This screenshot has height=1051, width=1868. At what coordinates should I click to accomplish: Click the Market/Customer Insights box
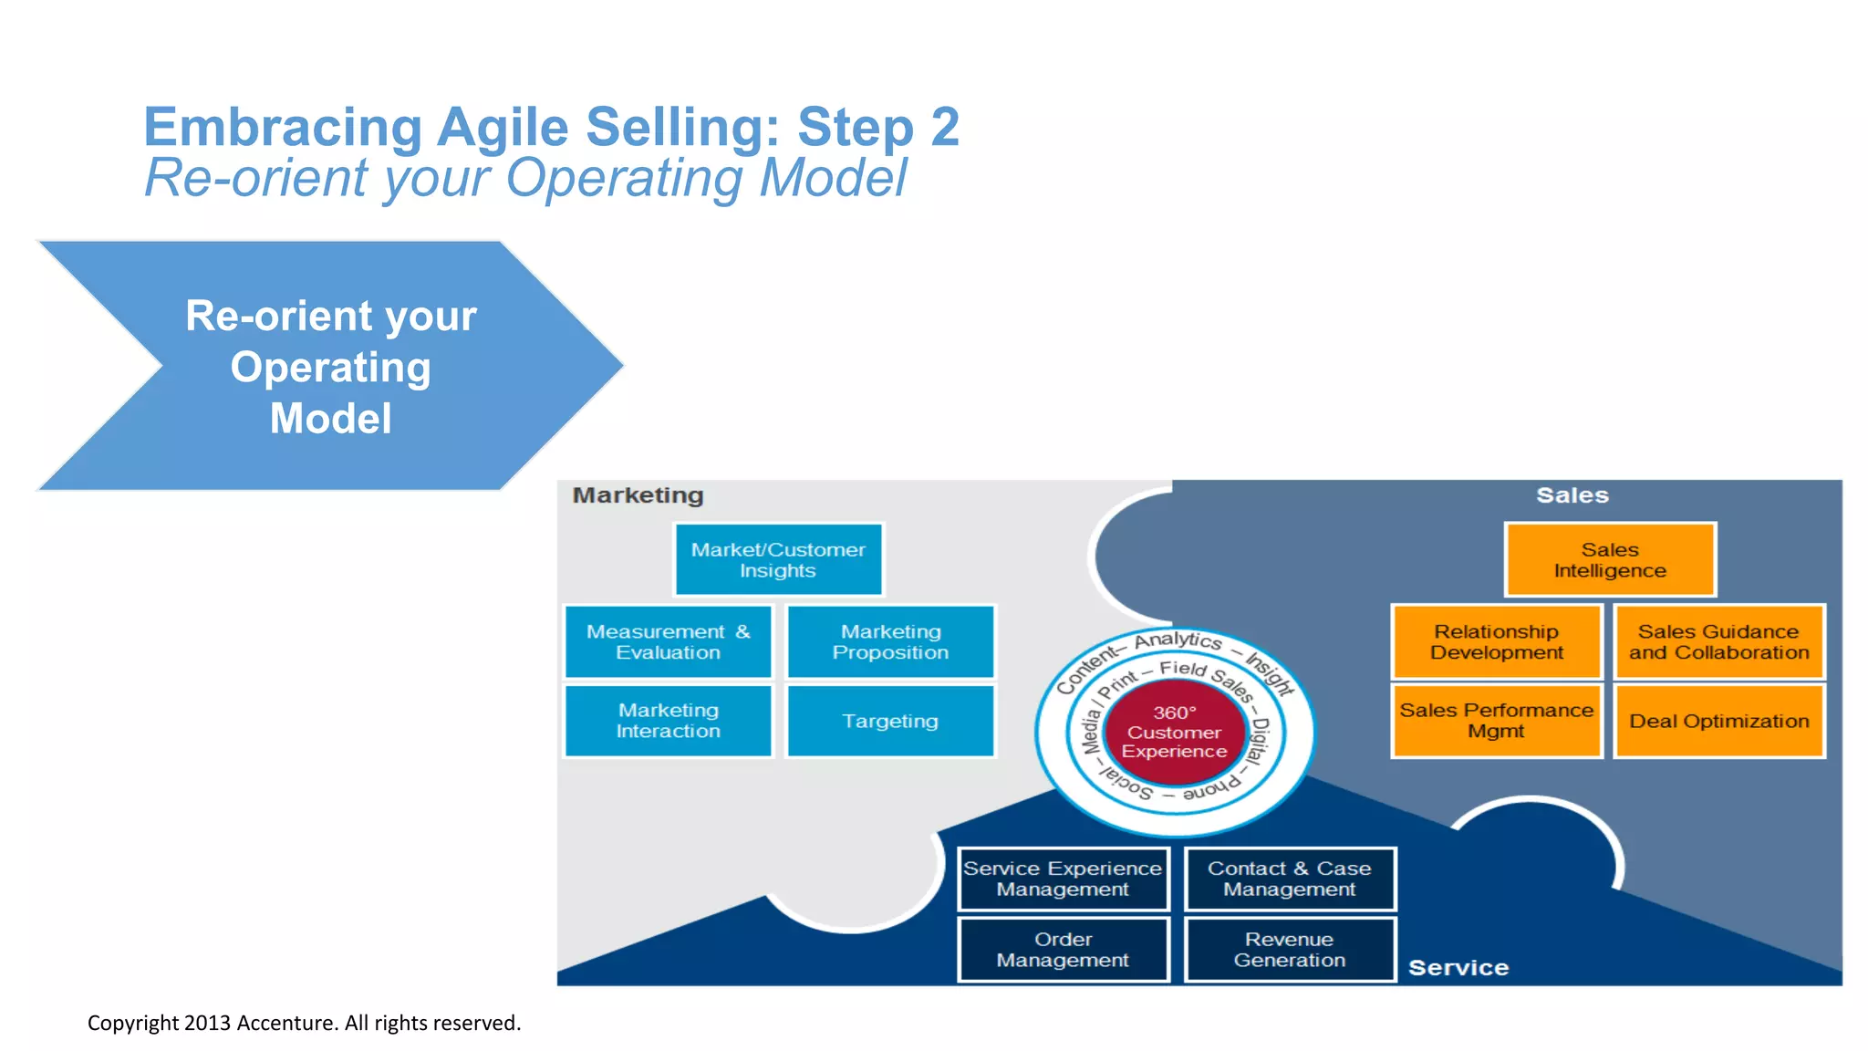point(778,559)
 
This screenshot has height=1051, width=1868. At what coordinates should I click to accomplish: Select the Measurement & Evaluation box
point(668,641)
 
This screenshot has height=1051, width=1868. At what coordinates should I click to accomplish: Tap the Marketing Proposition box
point(890,641)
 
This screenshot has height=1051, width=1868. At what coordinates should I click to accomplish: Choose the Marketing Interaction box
point(668,721)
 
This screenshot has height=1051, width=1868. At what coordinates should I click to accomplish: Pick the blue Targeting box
point(890,721)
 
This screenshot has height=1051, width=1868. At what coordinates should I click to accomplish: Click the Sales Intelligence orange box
point(1610,559)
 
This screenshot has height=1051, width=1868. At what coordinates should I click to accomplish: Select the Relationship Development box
point(1496,641)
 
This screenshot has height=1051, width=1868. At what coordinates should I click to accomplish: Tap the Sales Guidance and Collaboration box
point(1718,641)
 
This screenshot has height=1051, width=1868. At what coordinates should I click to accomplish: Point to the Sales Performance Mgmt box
point(1496,721)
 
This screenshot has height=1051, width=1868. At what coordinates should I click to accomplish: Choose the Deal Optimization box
point(1718,721)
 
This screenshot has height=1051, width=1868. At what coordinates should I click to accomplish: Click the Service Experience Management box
point(1063,879)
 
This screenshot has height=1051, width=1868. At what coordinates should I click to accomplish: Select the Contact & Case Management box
point(1290,879)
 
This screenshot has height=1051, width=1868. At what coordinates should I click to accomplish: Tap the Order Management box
point(1063,949)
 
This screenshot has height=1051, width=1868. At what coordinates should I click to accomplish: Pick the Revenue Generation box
point(1290,949)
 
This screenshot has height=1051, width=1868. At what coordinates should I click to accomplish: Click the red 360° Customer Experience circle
point(1174,733)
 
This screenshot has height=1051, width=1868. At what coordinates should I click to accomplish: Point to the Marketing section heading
point(638,495)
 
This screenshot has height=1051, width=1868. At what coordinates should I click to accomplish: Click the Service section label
point(1458,968)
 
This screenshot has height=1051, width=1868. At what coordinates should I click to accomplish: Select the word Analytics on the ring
point(1178,640)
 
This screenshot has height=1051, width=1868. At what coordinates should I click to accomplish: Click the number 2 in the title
point(945,127)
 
